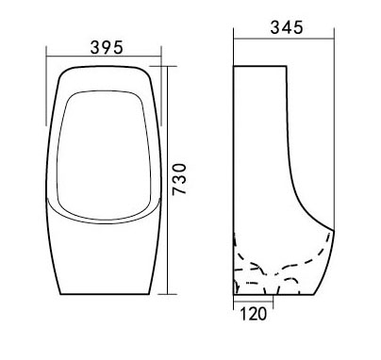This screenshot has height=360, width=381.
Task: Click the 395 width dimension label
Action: (x=107, y=47)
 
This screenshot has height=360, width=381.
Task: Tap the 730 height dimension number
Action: (x=180, y=179)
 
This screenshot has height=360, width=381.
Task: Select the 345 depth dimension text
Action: (x=287, y=27)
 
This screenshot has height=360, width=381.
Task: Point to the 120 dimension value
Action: (x=254, y=314)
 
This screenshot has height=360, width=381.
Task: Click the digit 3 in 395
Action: (x=95, y=47)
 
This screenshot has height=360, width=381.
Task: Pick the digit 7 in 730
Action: (x=180, y=190)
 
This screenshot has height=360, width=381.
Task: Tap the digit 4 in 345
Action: (x=287, y=27)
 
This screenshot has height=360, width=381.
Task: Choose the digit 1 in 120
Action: (x=243, y=314)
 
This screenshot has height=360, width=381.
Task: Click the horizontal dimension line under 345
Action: (x=284, y=39)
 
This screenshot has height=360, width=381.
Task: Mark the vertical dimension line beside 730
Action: (x=167, y=180)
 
